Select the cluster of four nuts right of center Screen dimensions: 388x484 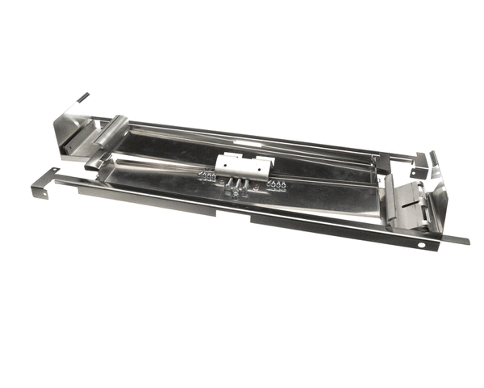pyautogui.click(x=277, y=185)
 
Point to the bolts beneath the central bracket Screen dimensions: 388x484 pyautogui.click(x=235, y=188)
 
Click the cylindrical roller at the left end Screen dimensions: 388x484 pyautogui.click(x=111, y=129)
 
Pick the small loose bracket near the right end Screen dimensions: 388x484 pyautogui.click(x=418, y=167)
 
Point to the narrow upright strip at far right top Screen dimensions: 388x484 pyautogui.click(x=432, y=158)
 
